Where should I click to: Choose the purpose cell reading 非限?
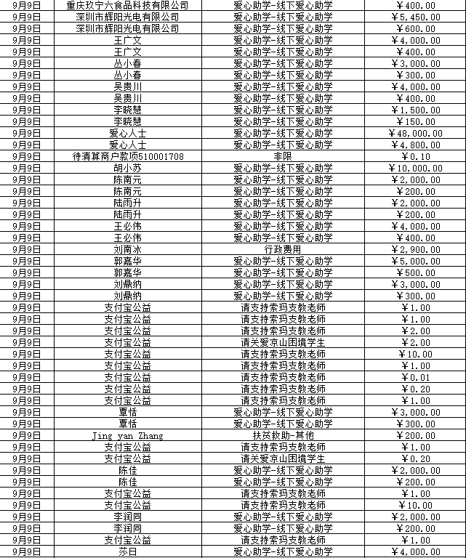click(x=283, y=156)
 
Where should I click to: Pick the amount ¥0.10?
click(x=419, y=156)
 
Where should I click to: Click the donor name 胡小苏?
click(x=127, y=168)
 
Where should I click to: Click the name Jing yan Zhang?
click(x=127, y=435)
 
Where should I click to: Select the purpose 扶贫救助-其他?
click(x=283, y=435)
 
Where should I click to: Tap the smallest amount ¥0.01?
click(x=419, y=377)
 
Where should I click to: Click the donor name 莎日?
click(x=127, y=551)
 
